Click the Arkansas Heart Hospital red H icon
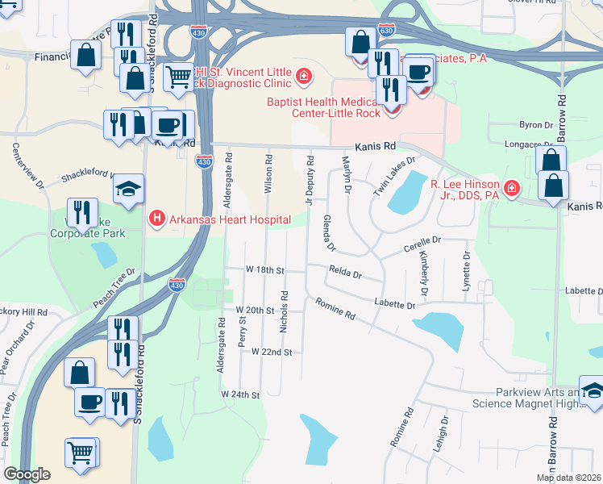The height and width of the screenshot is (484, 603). click(x=157, y=219)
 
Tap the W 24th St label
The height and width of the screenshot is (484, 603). click(x=241, y=395)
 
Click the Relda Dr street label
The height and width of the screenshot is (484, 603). click(x=345, y=274)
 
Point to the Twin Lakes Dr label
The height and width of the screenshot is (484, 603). click(x=394, y=177)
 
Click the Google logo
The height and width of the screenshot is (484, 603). click(x=27, y=474)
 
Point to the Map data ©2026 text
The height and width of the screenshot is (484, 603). click(x=568, y=478)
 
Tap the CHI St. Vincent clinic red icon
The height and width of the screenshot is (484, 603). click(x=304, y=77)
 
